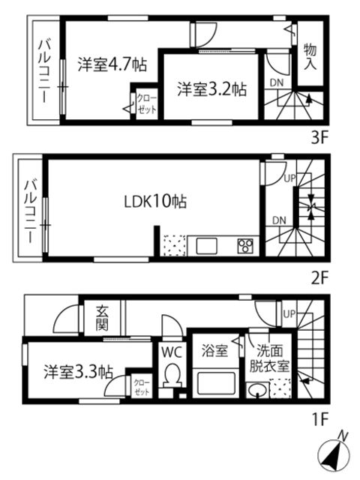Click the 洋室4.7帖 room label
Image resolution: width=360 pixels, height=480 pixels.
pos(112,64)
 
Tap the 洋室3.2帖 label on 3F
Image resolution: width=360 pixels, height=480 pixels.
pos(211,89)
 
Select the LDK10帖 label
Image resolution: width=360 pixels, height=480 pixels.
pos(155,202)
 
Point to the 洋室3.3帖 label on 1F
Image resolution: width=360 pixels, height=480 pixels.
pos(78,372)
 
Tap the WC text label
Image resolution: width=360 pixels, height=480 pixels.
pos(172,352)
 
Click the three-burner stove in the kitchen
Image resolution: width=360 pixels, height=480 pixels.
pos(246,246)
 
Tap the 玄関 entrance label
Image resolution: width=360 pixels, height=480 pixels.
pos(102,318)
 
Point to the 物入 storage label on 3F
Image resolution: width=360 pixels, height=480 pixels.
pos(310,57)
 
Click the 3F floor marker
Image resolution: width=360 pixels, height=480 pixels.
pos(319,139)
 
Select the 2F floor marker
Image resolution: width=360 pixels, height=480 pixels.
pos(319,279)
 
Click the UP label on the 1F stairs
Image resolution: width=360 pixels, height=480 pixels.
pos(289,313)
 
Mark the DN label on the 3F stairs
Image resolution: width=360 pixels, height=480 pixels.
pos(277,82)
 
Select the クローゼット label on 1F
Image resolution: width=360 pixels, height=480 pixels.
pos(142,388)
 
